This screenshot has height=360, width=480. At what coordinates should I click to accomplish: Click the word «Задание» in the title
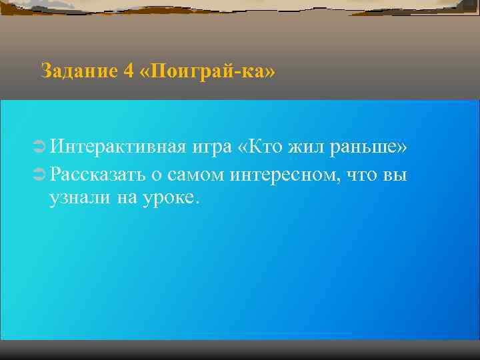pyautogui.click(x=78, y=71)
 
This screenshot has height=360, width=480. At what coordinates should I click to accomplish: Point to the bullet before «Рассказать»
pyautogui.click(x=37, y=176)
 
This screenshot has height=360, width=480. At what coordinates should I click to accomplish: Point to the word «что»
pyautogui.click(x=366, y=176)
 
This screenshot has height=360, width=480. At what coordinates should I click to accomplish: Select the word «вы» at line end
pyautogui.click(x=397, y=176)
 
